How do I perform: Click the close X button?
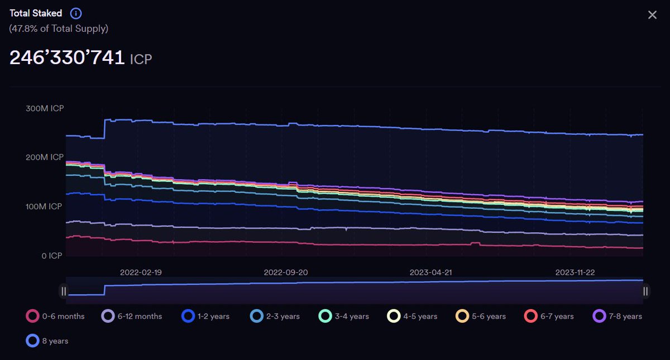pos(652,15)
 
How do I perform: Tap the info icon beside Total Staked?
pos(76,13)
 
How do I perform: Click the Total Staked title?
pos(36,13)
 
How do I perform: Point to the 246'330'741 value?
pos(67,57)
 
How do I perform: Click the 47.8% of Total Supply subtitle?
pos(59,28)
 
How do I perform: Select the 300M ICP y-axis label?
pos(45,108)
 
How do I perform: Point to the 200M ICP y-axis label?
pos(45,157)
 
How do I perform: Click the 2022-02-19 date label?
pos(141,272)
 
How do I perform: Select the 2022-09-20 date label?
pos(285,272)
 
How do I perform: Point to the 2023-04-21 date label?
pos(430,272)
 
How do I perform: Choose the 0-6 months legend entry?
pos(56,316)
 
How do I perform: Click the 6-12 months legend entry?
pos(132,316)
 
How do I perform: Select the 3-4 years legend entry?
pos(344,316)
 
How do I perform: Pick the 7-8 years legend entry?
pos(618,316)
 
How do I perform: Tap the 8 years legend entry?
pos(47,340)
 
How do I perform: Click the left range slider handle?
pos(64,291)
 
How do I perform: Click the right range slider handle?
pos(645,291)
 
